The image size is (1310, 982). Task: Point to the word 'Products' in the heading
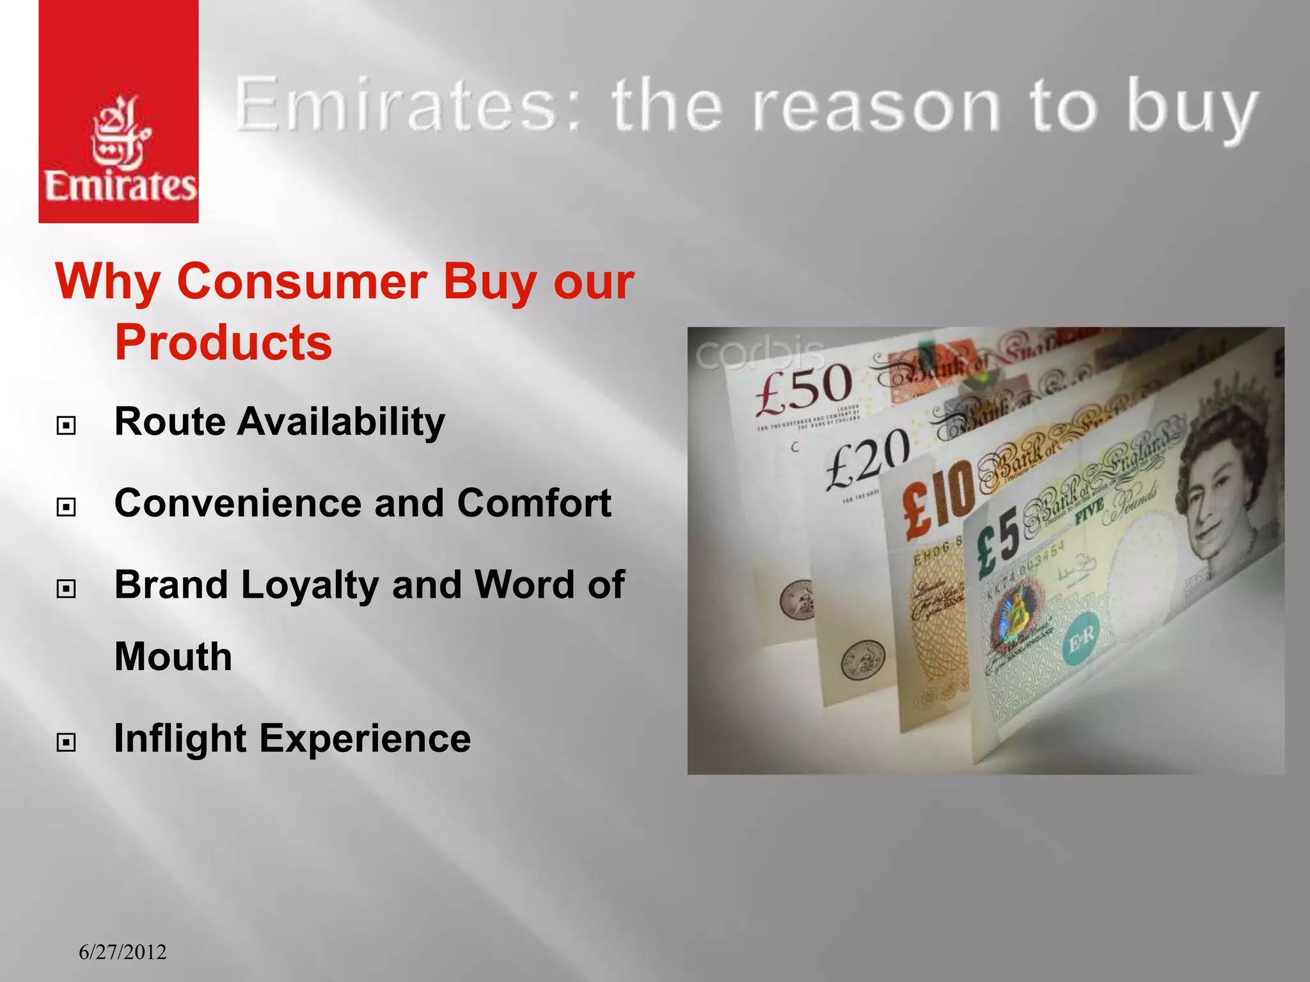223,343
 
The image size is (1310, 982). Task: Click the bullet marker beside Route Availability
66,425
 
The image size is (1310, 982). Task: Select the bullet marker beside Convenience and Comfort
66,507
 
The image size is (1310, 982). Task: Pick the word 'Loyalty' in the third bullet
310,586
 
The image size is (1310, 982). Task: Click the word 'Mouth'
173,657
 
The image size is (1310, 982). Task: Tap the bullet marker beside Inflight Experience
66,742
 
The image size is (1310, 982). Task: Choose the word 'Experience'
365,739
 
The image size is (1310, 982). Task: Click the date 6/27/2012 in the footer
122,953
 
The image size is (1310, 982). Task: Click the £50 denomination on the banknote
803,387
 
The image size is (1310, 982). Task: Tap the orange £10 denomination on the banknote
937,499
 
